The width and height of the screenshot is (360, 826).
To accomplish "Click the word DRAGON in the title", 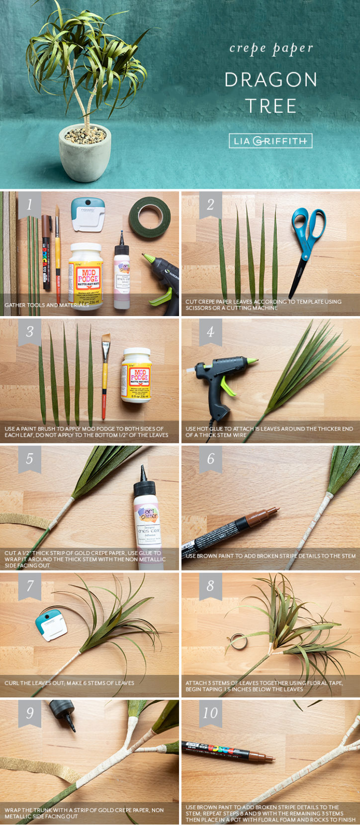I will [270, 80].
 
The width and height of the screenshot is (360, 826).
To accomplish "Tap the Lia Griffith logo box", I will [270, 141].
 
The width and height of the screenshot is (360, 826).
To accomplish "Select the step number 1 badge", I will [29, 205].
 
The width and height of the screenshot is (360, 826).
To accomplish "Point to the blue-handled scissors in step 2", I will [307, 244].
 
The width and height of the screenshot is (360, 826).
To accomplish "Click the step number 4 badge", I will [210, 331].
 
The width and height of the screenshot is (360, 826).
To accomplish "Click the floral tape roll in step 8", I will [239, 642].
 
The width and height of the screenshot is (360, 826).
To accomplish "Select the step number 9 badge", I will [29, 713].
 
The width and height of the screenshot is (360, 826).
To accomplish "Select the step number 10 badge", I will [210, 713].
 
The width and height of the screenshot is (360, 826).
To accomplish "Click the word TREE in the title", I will [270, 106].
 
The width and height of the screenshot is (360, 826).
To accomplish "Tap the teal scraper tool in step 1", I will [88, 214].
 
